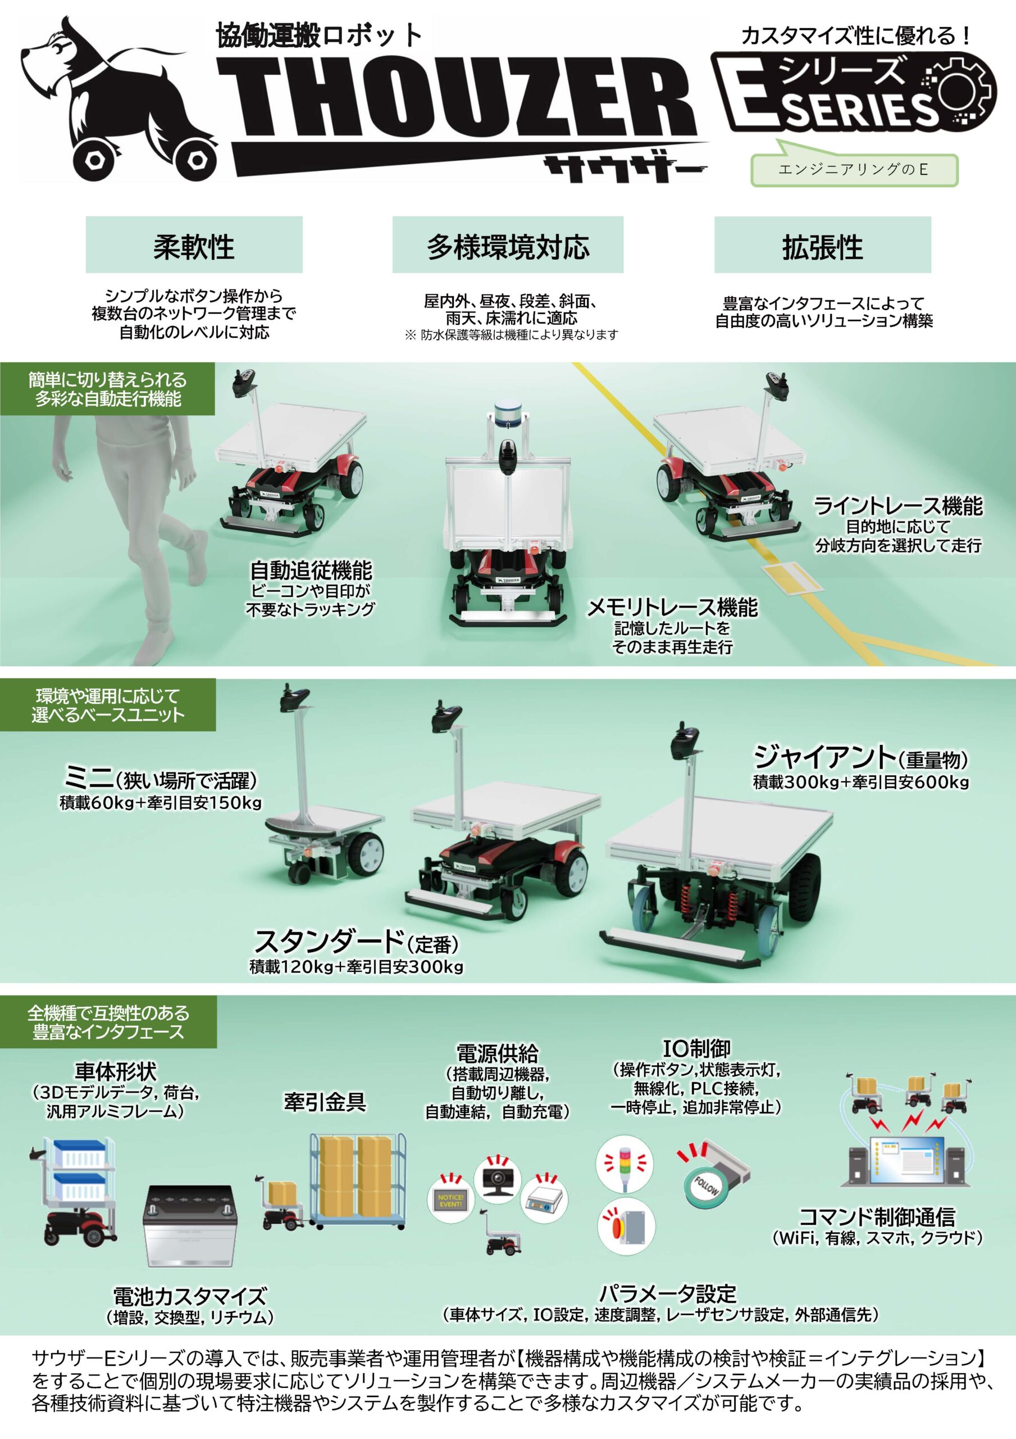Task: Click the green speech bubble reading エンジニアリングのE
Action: point(854,169)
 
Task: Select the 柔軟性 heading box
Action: point(194,245)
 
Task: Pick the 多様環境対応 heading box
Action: point(508,245)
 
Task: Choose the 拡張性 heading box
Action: point(822,245)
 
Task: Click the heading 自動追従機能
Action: point(311,570)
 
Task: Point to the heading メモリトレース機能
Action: point(672,607)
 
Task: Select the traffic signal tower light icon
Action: point(624,1165)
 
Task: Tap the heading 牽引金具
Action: point(325,1101)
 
